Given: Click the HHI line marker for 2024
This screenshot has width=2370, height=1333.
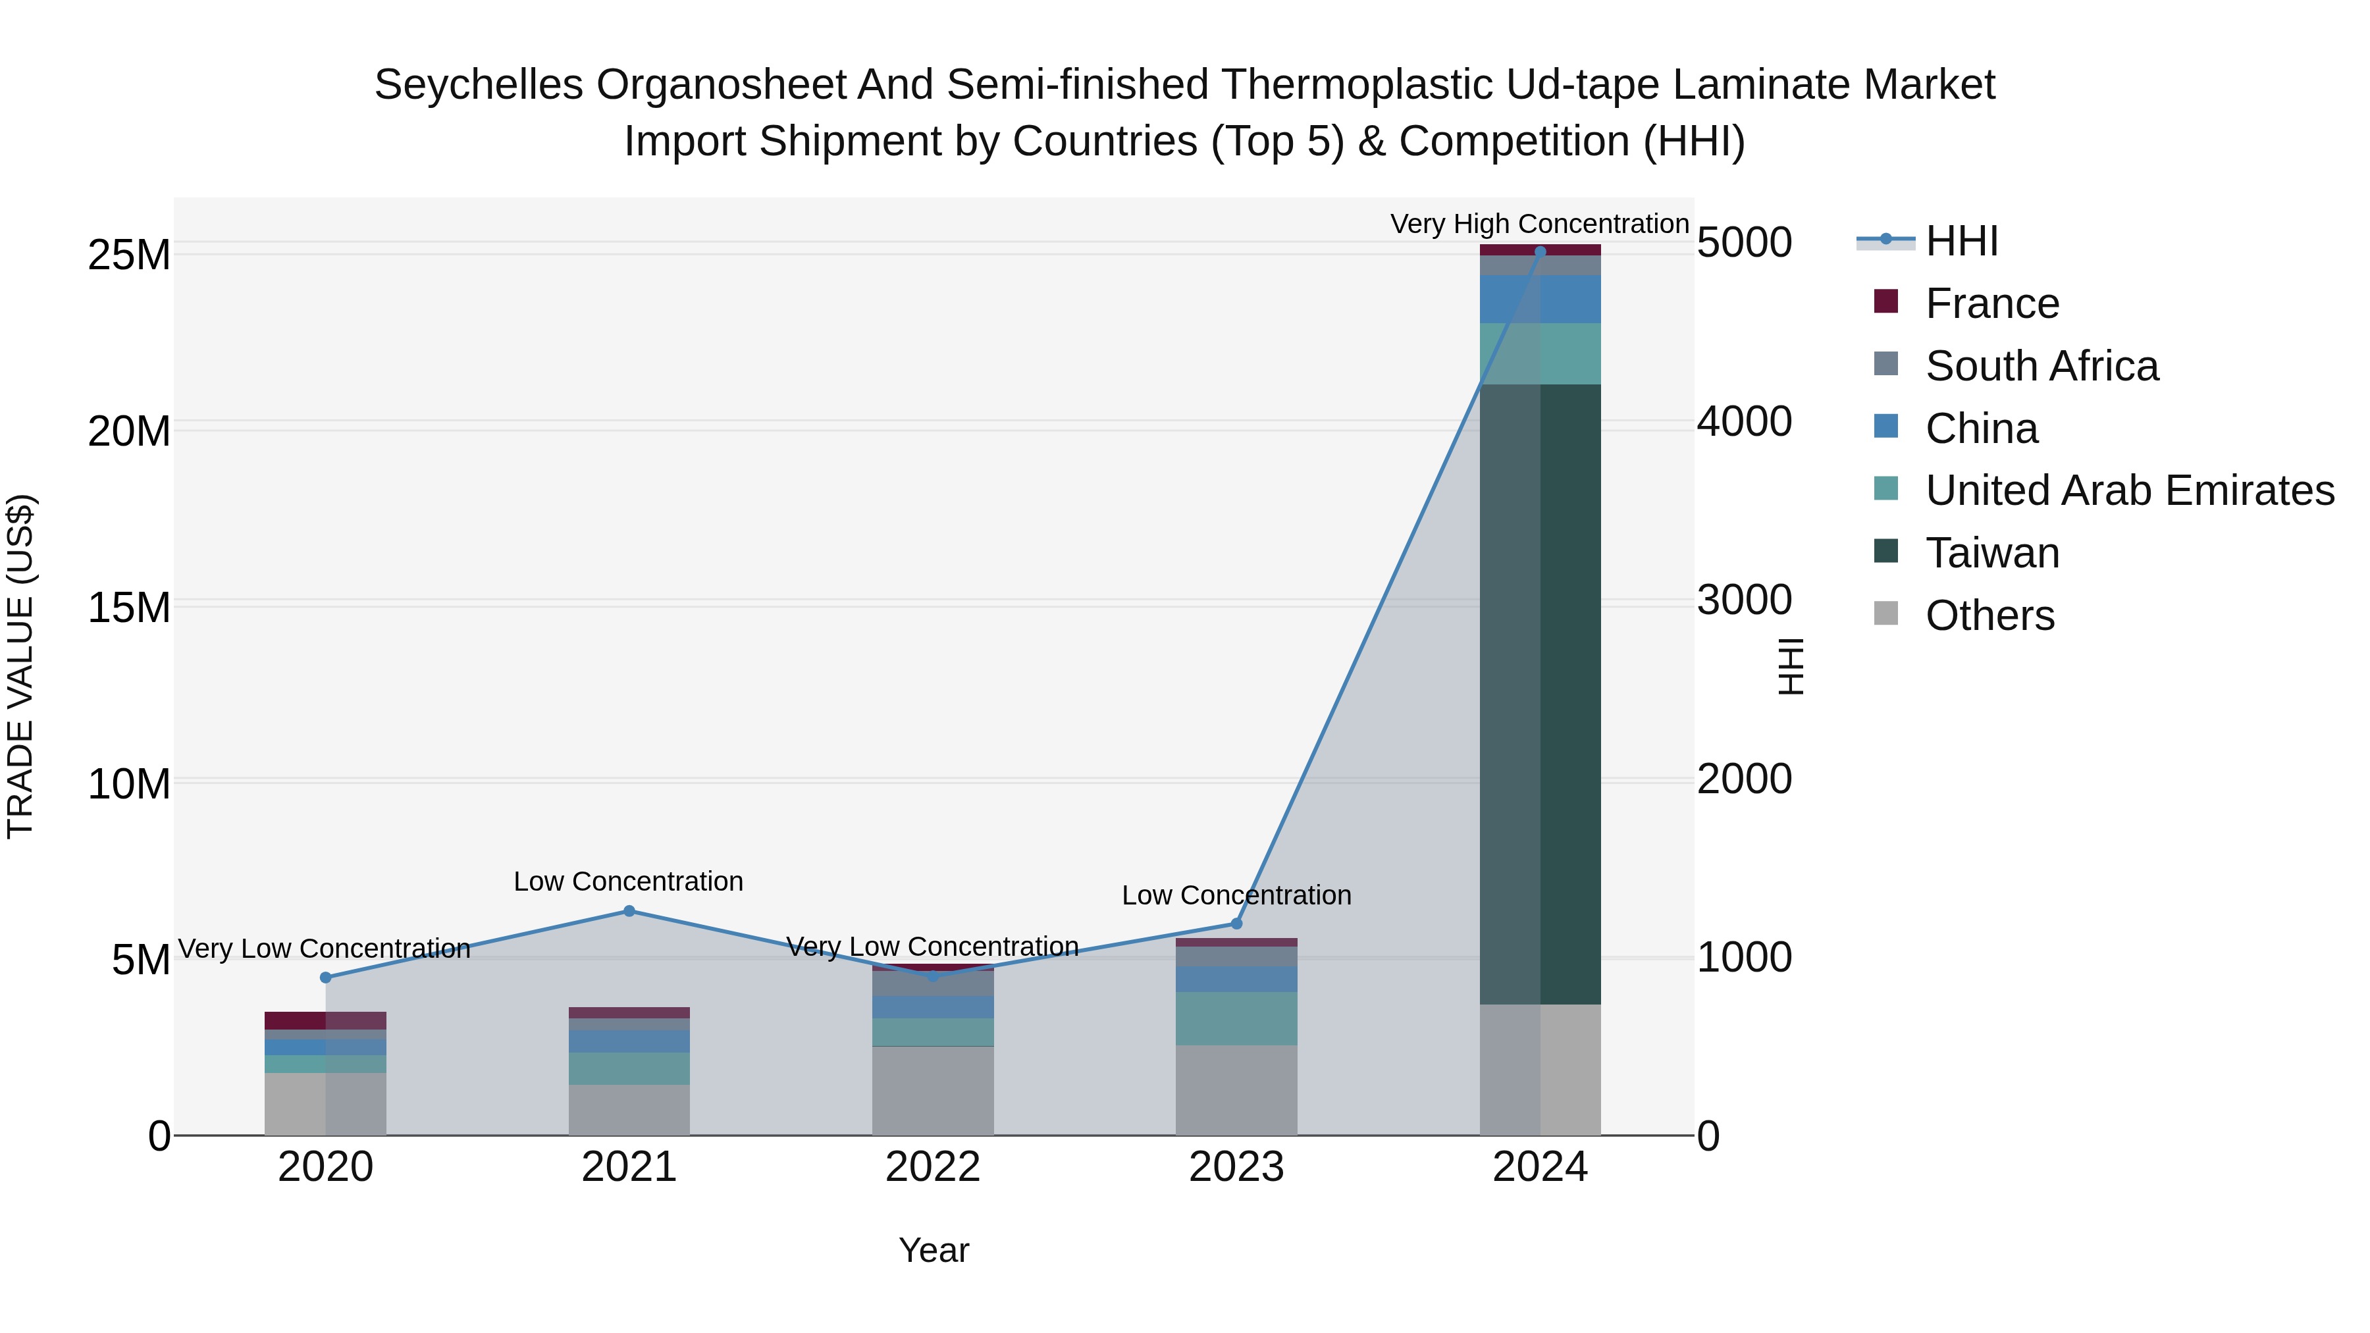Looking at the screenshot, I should (1540, 251).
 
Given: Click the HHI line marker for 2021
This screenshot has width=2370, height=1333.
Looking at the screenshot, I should (629, 911).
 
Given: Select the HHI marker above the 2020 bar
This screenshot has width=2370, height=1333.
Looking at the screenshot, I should (326, 977).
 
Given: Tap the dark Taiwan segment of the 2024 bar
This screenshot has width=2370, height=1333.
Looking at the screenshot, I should (1540, 694).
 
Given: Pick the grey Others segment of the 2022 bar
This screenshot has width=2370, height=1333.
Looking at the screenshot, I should (933, 1090).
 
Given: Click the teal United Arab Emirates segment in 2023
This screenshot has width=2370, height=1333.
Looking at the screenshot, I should (1236, 1018).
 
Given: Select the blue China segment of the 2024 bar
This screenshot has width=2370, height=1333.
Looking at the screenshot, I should (1540, 299).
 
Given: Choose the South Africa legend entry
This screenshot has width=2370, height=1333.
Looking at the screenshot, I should (2041, 366).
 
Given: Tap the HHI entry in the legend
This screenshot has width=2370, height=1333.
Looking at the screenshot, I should (1960, 241).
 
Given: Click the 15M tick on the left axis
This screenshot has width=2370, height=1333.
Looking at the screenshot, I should (129, 607).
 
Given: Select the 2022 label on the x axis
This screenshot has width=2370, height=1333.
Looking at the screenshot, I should (933, 1167).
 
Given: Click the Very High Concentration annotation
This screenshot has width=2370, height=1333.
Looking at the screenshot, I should (1539, 224).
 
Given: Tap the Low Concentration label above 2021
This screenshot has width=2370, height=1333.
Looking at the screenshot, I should (629, 881).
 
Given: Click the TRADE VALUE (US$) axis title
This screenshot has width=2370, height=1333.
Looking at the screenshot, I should (20, 666).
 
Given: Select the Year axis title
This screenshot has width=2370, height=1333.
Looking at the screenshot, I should (933, 1250).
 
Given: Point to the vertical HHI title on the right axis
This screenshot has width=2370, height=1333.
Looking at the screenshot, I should (1791, 666).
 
